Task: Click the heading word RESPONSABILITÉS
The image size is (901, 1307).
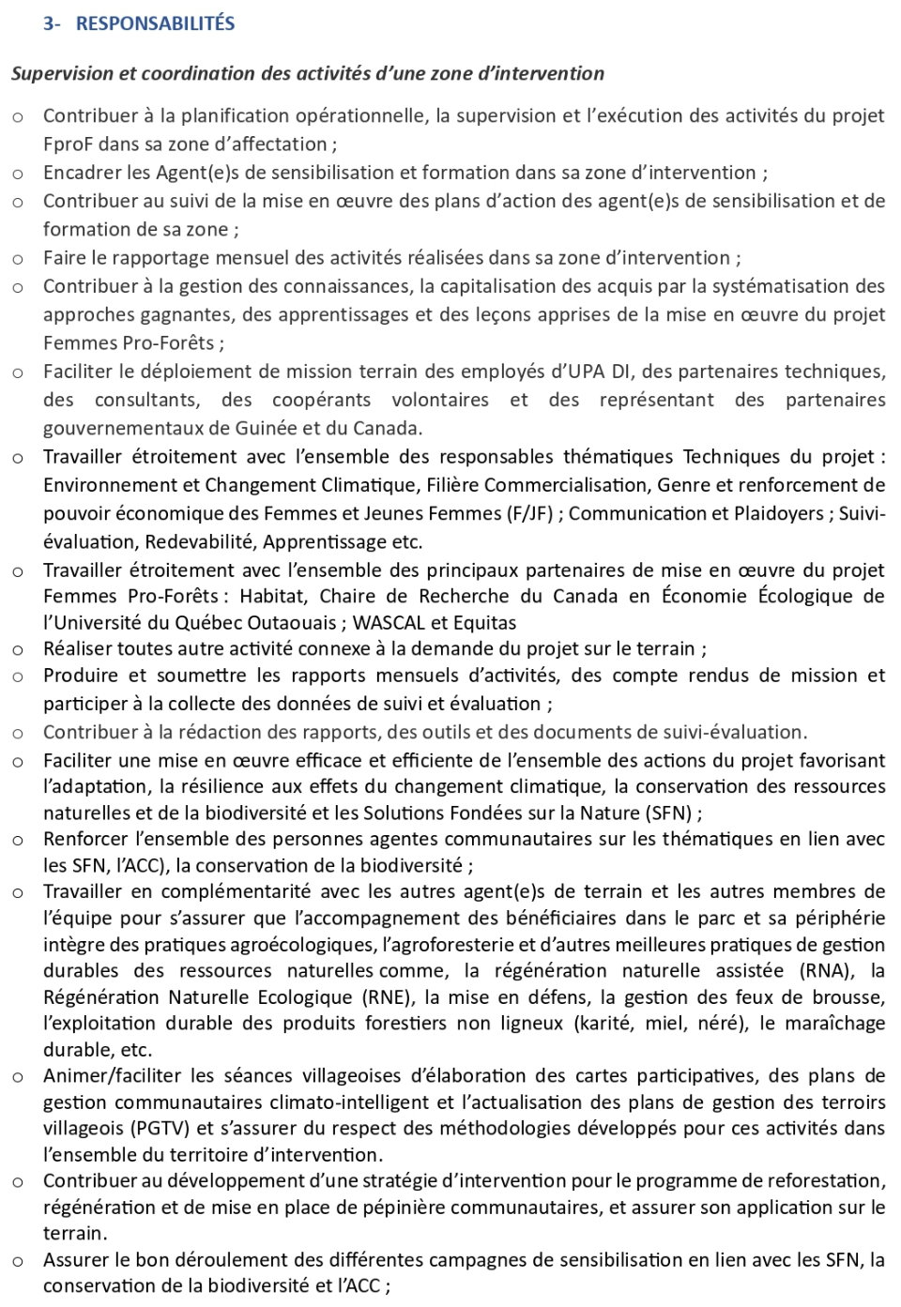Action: (155, 23)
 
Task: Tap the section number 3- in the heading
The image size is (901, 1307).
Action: (52, 23)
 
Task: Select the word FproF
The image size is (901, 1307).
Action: (69, 144)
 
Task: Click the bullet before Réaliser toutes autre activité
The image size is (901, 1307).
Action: (18, 649)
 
